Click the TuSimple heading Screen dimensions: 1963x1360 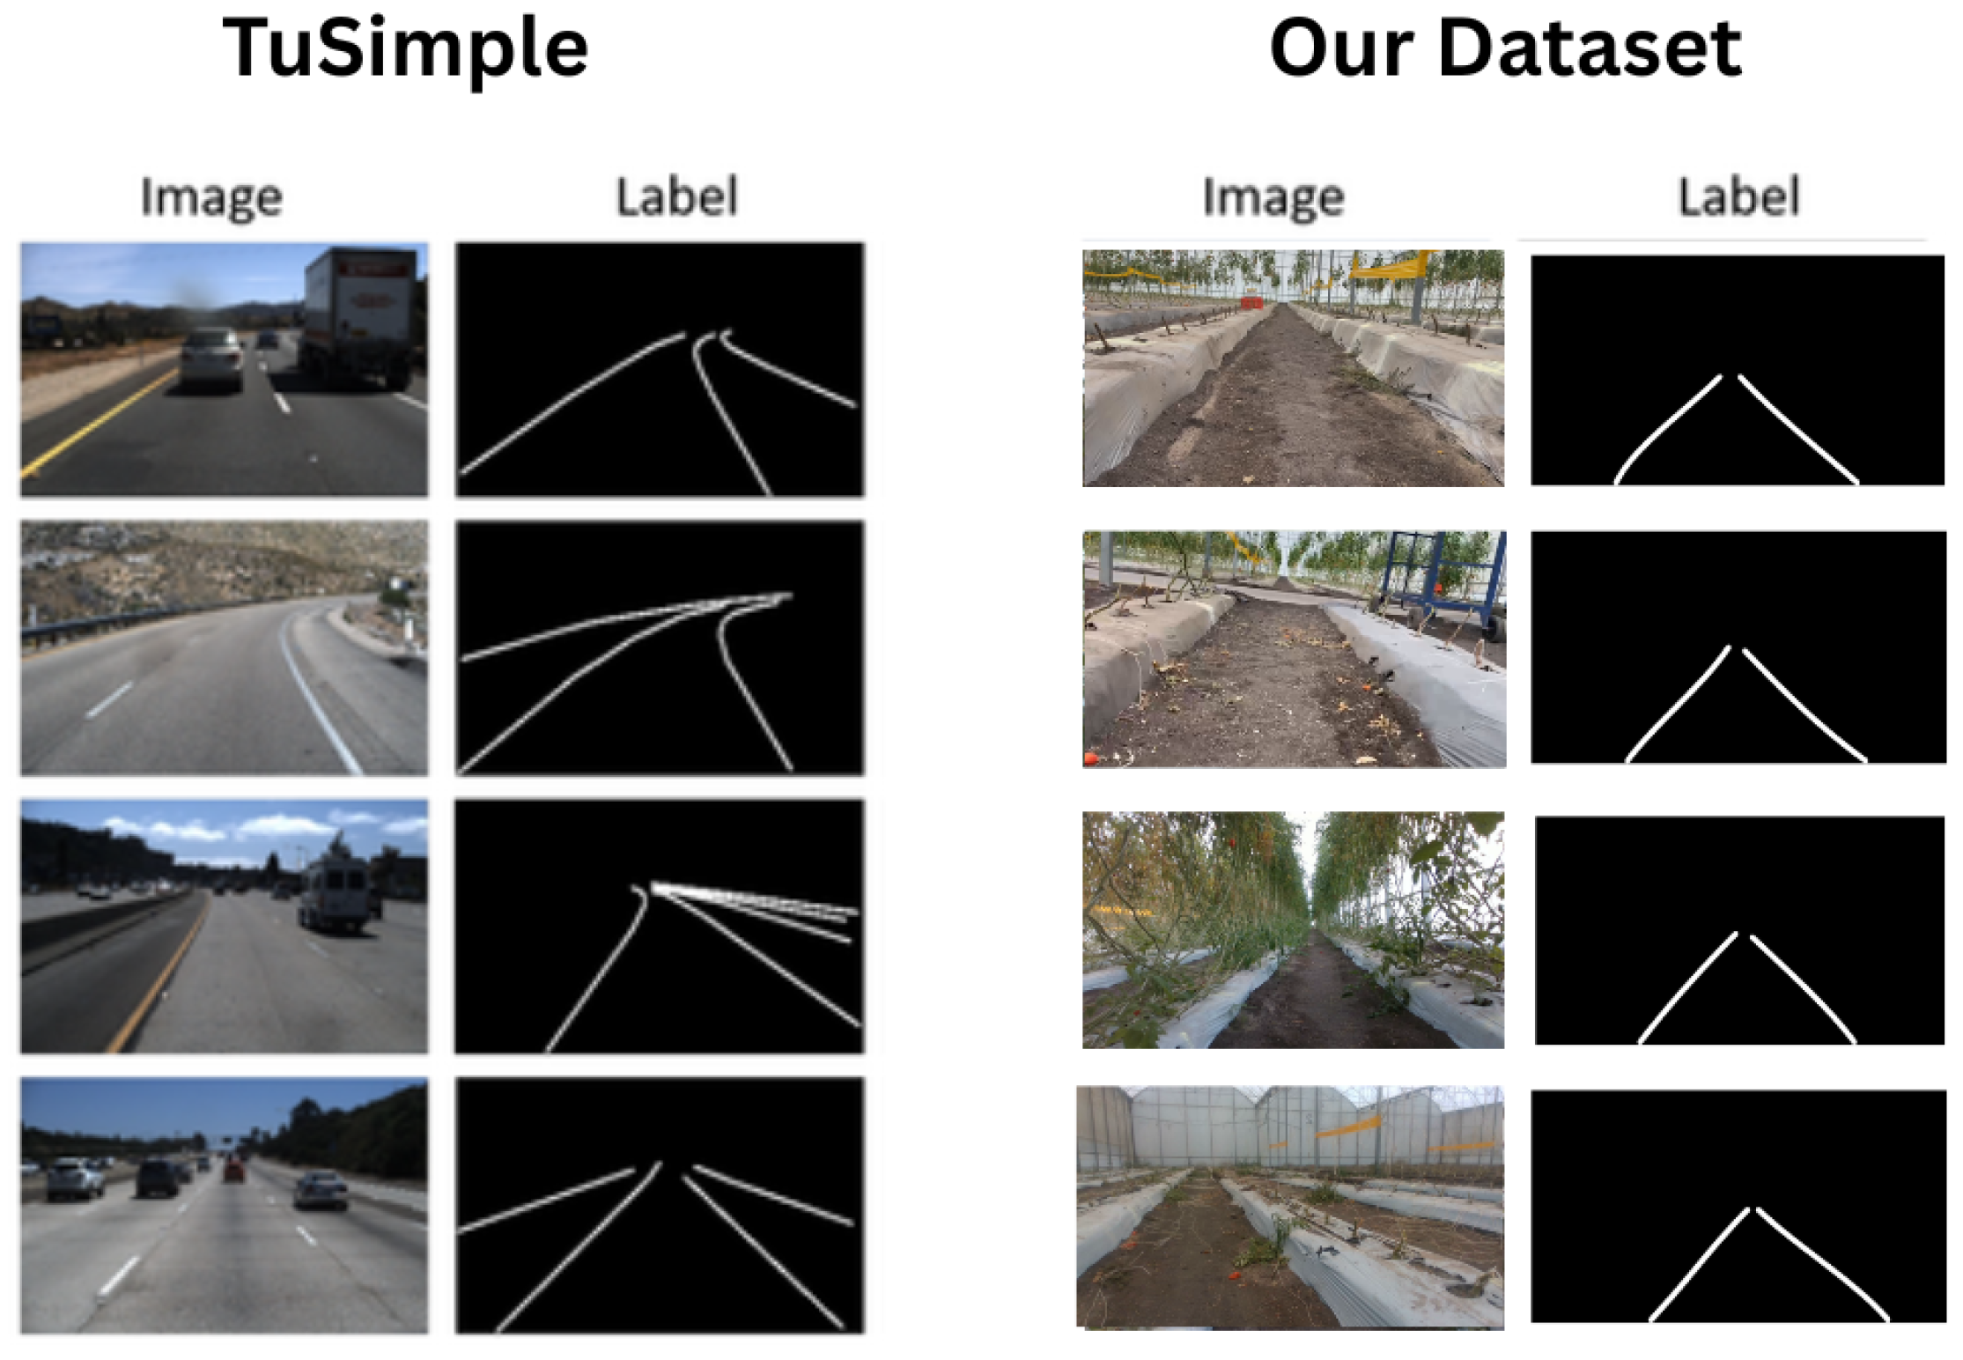tap(405, 49)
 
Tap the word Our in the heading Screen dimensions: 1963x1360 tap(1344, 49)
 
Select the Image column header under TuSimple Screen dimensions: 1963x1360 tap(211, 197)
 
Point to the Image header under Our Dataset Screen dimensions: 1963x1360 tap(1273, 197)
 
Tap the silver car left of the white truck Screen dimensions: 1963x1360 tap(212, 357)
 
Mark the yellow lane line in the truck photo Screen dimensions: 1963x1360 tap(97, 423)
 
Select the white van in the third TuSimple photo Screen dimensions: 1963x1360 tap(335, 890)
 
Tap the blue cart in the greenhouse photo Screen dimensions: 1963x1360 tap(1444, 577)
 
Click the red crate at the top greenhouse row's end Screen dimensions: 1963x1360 tap(1251, 303)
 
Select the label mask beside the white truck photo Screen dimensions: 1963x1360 tap(660, 370)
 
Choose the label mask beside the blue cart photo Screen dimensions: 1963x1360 tap(1738, 647)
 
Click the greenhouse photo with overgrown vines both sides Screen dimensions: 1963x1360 tap(1293, 929)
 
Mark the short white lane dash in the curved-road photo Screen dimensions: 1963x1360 tap(110, 700)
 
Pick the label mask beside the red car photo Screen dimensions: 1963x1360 tap(660, 1204)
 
